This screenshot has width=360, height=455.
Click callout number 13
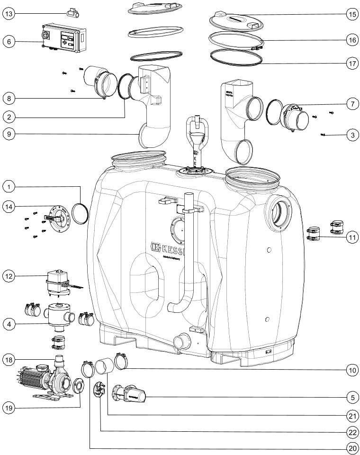[9, 14]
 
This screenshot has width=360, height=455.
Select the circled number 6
[9, 41]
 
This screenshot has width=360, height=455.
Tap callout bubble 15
[351, 14]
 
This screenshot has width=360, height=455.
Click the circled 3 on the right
[351, 135]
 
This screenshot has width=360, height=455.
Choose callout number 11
[351, 237]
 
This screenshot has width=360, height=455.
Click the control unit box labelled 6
[64, 36]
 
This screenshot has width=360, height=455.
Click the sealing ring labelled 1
[81, 211]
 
